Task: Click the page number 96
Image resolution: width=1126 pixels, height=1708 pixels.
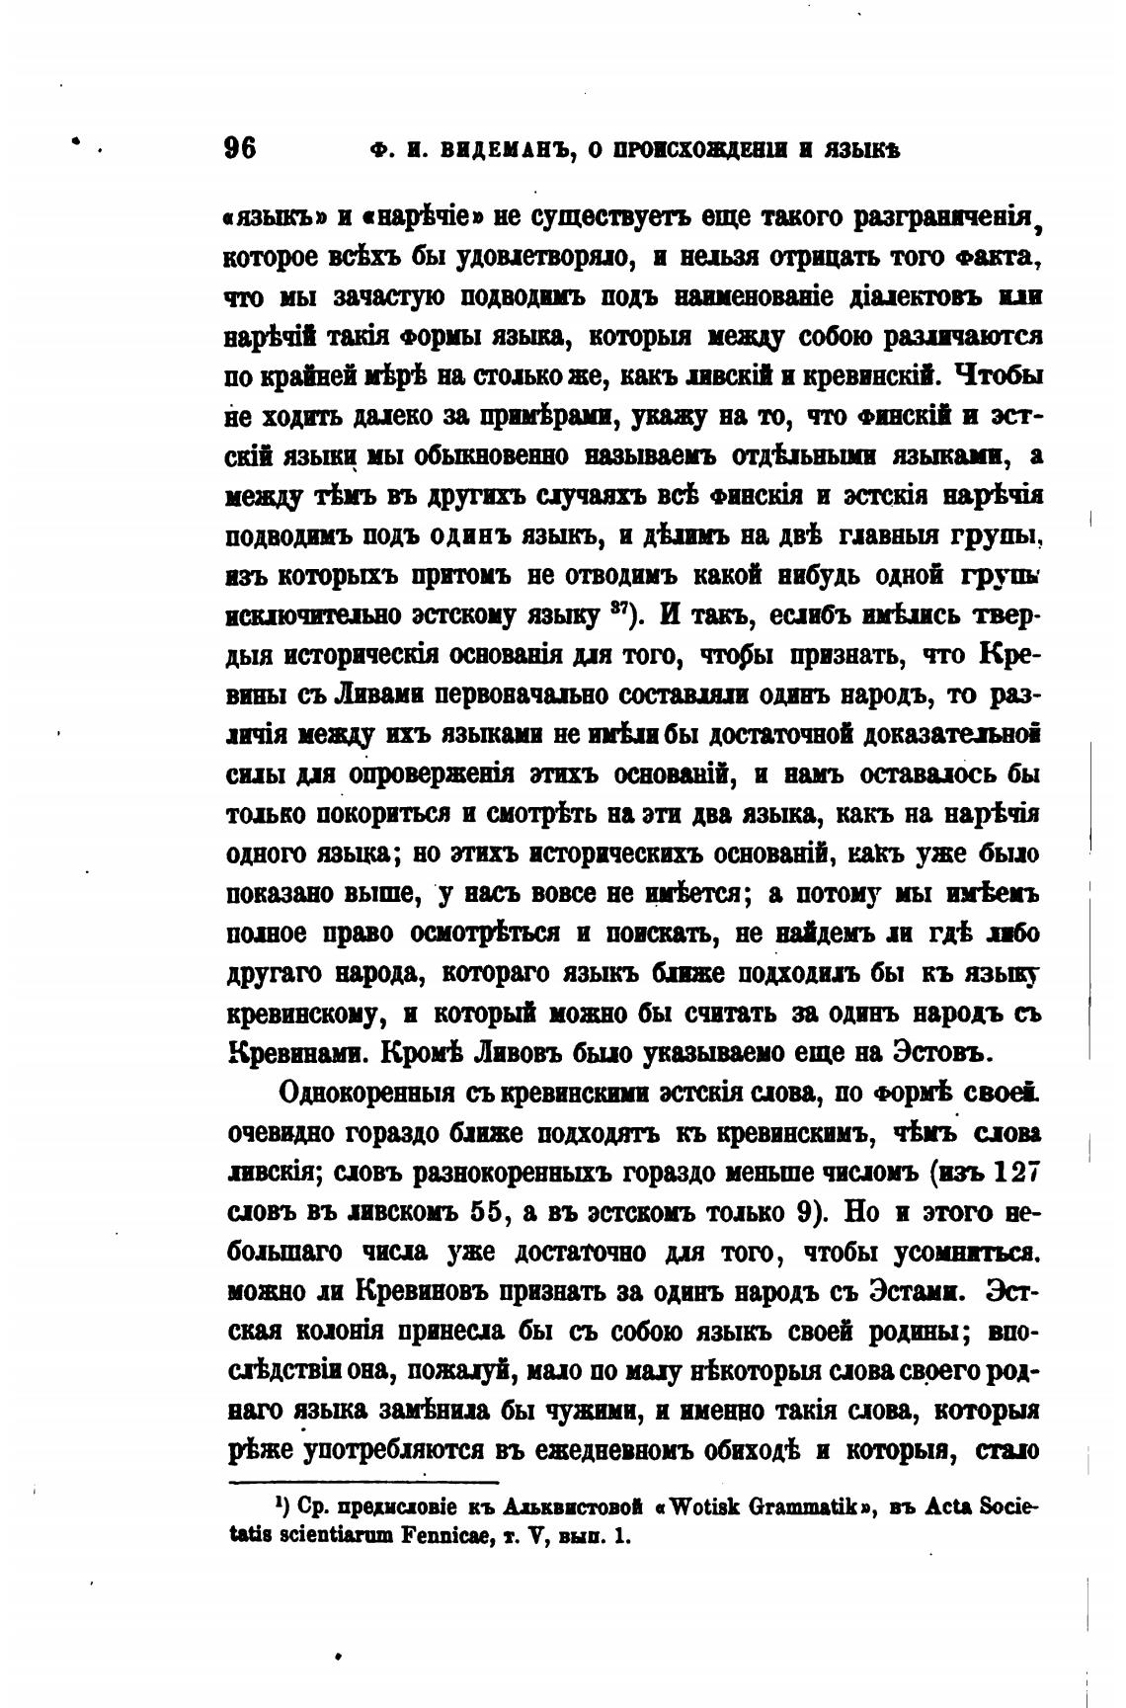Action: pos(240,148)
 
